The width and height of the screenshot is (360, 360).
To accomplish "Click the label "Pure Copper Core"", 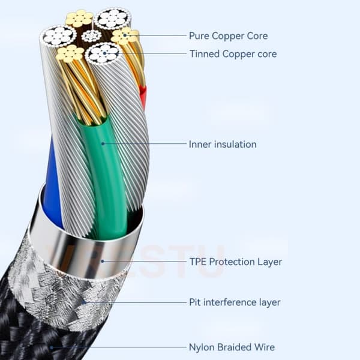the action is point(228,36).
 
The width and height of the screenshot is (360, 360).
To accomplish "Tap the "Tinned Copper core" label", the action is point(233,54).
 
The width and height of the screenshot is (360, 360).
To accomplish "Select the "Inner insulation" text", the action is point(223,144).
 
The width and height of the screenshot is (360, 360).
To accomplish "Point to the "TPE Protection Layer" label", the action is point(236,262).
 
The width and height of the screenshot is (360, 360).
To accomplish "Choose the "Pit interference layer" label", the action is point(235,302).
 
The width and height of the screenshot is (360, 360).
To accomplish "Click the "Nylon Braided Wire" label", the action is point(232,347).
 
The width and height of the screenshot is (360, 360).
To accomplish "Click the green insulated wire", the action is point(106,175).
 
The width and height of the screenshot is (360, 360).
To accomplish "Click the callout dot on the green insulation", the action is point(103,144).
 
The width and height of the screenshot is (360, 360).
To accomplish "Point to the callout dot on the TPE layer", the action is point(103,261).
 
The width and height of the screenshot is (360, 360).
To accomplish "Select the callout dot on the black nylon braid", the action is point(52,347).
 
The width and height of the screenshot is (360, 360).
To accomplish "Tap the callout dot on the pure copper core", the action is point(125,35).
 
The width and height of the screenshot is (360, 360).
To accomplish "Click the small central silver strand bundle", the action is point(91,36).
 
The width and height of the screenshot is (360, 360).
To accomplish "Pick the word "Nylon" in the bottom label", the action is point(201,347).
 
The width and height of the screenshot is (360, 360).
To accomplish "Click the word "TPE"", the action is point(198,262).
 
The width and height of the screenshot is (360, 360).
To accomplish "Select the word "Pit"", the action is point(194,302).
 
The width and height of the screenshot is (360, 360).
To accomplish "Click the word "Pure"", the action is point(199,36).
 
